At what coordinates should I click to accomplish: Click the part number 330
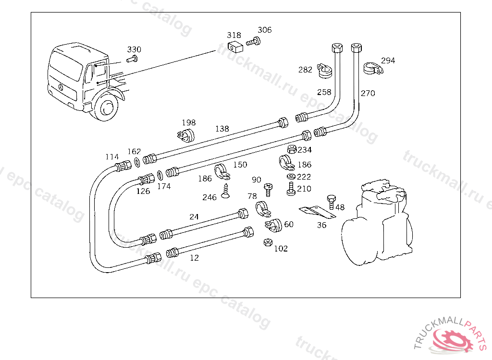[134, 49]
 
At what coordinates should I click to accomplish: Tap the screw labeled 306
[254, 41]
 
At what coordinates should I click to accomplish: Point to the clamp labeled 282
[324, 71]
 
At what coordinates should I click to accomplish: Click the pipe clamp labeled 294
[373, 68]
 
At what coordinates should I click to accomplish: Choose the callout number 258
[324, 92]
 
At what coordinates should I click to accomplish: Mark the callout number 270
[368, 93]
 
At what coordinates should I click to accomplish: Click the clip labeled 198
[186, 135]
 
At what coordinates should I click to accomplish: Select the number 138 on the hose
[222, 129]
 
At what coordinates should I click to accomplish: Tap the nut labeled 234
[292, 149]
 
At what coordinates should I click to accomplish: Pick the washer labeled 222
[291, 177]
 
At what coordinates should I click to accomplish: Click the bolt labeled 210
[291, 189]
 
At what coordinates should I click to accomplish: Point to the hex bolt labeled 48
[332, 202]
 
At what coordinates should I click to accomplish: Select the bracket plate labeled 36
[317, 212]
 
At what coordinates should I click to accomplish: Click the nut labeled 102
[268, 242]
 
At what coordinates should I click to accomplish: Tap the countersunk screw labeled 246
[225, 191]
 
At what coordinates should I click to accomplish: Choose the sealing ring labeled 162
[137, 162]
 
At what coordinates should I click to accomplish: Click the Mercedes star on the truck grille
[61, 87]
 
